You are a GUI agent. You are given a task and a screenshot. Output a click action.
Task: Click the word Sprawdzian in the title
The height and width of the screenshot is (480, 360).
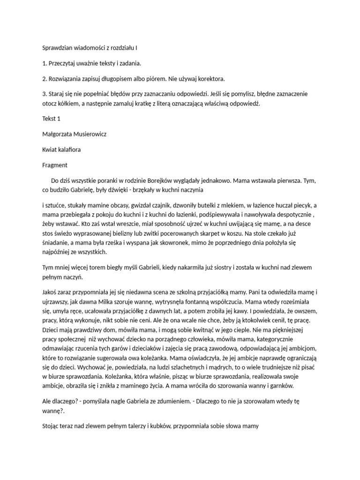pyautogui.click(x=58, y=48)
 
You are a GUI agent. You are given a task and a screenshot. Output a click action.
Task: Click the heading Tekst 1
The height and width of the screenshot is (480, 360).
pyautogui.click(x=52, y=119)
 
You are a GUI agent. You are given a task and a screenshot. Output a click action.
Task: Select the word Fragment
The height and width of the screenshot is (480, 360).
pyautogui.click(x=55, y=165)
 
